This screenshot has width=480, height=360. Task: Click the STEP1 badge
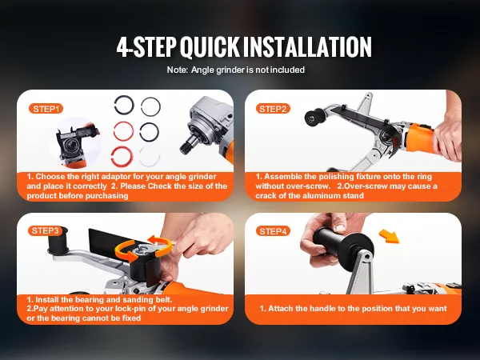coord(46,109)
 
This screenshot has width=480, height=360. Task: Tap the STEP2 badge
coord(273,109)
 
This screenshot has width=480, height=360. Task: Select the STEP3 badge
coord(45,231)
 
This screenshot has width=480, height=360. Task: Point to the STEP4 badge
coord(273,231)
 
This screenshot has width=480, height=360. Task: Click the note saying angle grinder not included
coord(236,70)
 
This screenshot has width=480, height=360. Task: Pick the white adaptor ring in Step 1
coord(149,156)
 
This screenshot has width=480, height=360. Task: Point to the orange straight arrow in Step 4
coord(390,236)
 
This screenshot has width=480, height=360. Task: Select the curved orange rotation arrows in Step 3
coord(143,247)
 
